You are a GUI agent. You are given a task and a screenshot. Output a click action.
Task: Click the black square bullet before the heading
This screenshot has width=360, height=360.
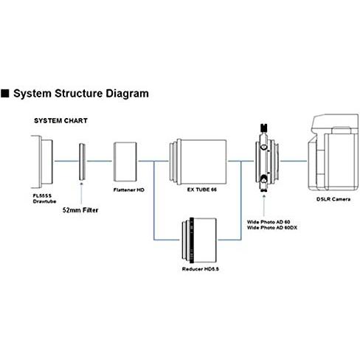tap(5, 94)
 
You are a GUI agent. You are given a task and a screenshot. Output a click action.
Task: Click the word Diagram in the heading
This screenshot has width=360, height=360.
tap(127, 94)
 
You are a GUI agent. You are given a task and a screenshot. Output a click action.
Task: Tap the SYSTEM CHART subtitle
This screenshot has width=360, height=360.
tap(60, 120)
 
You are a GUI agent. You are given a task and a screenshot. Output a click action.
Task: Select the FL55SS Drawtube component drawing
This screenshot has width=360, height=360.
tap(42, 162)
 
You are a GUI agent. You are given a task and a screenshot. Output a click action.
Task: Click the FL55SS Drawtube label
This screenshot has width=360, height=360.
tap(44, 198)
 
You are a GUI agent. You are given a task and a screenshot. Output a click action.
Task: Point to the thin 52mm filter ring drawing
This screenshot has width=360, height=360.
tap(82, 162)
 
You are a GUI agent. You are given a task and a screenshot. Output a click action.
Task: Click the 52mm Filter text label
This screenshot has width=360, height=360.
tap(80, 210)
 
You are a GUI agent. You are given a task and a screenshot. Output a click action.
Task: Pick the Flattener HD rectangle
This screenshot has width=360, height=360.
tap(125, 162)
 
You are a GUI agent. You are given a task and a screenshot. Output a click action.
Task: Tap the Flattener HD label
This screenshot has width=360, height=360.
tap(129, 190)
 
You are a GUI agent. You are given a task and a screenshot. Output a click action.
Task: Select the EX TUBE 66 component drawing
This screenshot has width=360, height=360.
tap(198, 162)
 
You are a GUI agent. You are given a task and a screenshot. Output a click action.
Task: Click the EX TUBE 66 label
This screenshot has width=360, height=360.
tap(202, 190)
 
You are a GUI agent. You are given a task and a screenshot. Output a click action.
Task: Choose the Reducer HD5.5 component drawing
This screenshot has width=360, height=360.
tap(199, 240)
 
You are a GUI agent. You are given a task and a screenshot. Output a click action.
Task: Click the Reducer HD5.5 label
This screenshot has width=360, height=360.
tap(201, 269)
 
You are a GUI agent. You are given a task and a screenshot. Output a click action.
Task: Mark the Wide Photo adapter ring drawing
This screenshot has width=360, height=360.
tap(267, 161)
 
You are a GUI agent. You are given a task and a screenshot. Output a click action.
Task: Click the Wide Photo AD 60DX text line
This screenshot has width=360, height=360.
tap(272, 228)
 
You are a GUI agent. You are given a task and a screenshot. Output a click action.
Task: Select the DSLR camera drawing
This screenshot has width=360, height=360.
tap(333, 152)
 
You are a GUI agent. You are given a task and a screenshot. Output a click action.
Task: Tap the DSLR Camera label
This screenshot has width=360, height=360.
tap(333, 199)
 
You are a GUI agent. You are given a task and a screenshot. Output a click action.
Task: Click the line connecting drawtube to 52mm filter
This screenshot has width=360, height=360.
tap(66, 161)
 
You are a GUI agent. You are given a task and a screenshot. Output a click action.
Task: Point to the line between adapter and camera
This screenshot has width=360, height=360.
tap(294, 161)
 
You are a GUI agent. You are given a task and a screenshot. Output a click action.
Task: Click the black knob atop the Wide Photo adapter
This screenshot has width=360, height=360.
tap(264, 128)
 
